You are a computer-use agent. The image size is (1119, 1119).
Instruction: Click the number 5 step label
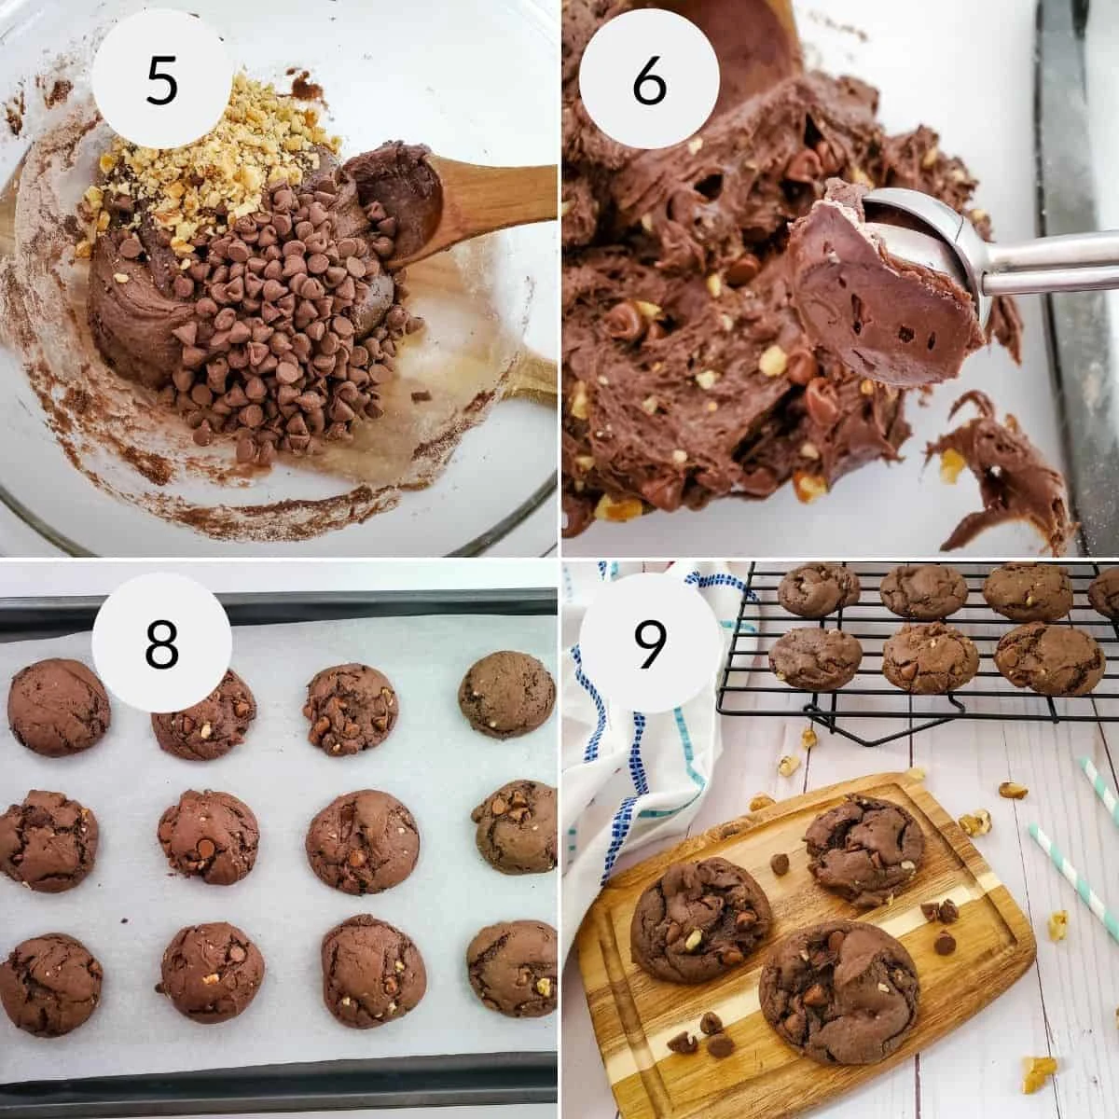coord(160,78)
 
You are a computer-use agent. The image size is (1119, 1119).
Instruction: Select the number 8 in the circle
coord(160,642)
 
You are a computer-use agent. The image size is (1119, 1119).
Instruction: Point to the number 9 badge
coord(649,642)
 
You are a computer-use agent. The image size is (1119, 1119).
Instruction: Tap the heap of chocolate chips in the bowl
coord(280,317)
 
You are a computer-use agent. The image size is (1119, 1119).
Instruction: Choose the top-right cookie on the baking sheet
coord(507,693)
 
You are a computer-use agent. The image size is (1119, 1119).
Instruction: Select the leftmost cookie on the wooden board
coord(700,919)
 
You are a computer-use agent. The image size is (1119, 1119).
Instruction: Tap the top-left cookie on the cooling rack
coord(818,589)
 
